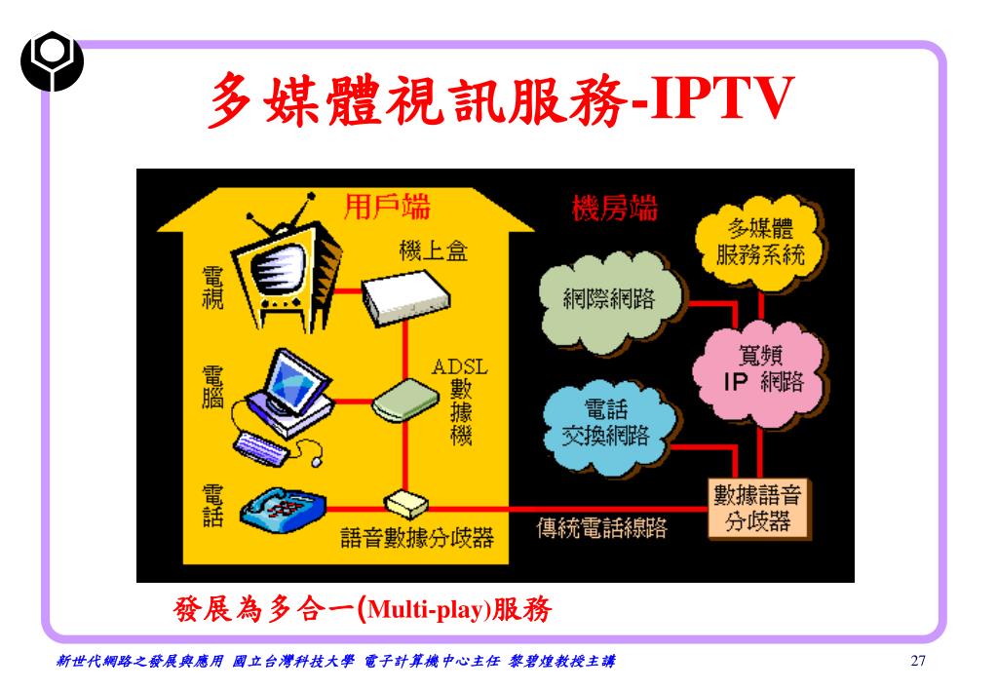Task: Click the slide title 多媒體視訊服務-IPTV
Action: tap(497, 100)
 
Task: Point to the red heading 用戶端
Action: tap(389, 207)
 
